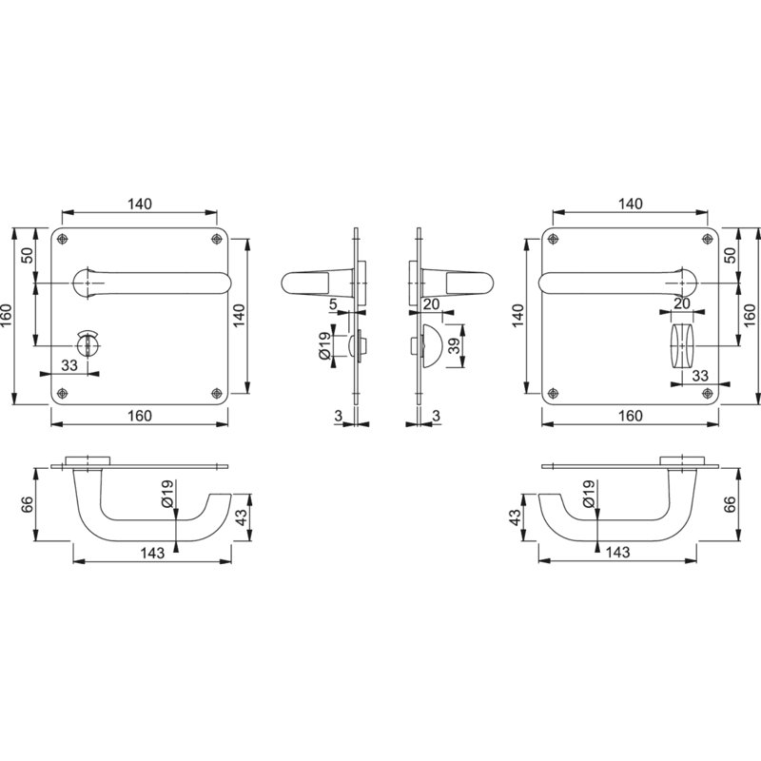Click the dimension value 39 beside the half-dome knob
point(454,345)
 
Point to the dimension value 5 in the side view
point(333,304)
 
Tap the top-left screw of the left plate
point(62,239)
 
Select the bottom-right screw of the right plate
point(708,393)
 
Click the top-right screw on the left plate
point(217,239)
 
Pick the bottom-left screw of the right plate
point(553,393)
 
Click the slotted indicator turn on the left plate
point(88,342)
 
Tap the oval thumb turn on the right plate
point(683,345)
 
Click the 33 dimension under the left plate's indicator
point(69,365)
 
